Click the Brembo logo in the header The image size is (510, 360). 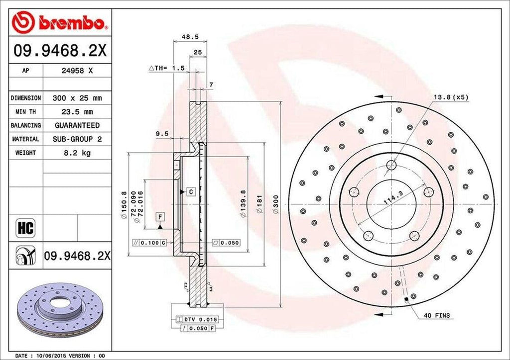(x=59, y=22)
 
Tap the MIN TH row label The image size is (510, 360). (x=25, y=112)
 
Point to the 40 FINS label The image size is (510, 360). (x=436, y=315)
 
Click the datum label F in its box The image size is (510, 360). (x=159, y=216)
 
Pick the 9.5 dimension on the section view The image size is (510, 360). (x=161, y=133)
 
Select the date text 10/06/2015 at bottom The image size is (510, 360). (x=53, y=356)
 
